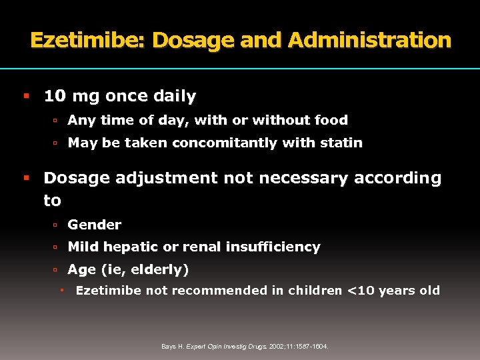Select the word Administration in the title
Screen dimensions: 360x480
(370, 41)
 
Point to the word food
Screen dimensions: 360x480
(331, 121)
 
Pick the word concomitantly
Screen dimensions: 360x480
(224, 143)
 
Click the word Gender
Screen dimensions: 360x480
(94, 225)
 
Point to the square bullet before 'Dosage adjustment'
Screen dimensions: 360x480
(27, 178)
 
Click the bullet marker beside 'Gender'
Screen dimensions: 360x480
(57, 225)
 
